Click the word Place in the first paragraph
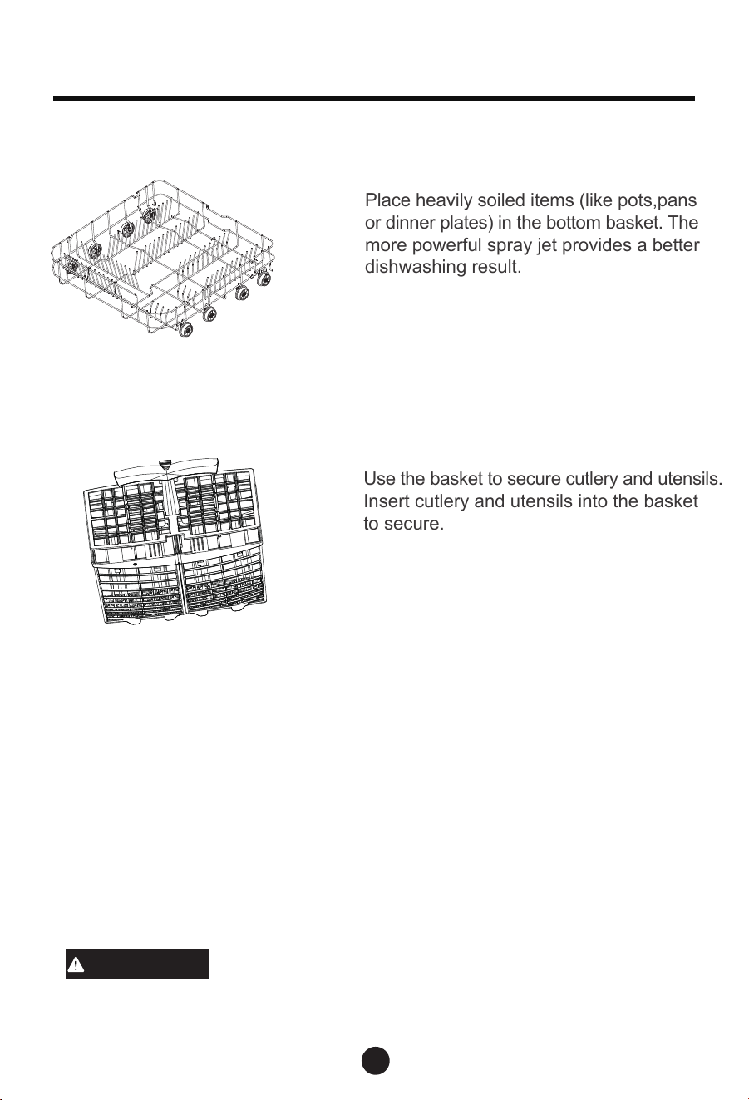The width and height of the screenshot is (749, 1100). coord(387,200)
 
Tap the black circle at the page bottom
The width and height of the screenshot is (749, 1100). coord(376,1060)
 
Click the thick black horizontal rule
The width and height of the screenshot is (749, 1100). coord(374,99)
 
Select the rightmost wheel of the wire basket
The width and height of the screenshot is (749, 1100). coord(264,279)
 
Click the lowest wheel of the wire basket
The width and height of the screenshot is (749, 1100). coord(186,329)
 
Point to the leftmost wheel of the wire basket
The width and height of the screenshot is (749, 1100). coord(71,266)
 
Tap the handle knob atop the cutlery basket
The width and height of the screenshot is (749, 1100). coord(165,463)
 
